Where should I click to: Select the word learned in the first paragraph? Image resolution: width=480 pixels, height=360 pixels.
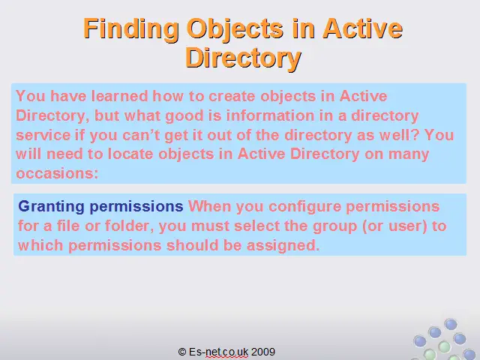[x=120, y=96]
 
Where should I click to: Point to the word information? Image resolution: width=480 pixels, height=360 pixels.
[x=270, y=115]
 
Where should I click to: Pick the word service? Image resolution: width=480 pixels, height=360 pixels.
[x=43, y=135]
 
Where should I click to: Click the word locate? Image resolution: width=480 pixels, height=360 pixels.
[x=130, y=154]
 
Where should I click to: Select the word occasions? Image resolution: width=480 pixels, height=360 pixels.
[x=57, y=173]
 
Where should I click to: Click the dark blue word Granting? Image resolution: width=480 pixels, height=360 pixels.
[x=51, y=207]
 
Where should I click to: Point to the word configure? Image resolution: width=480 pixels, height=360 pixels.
[x=305, y=207]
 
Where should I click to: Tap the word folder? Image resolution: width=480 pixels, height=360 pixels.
[x=129, y=226]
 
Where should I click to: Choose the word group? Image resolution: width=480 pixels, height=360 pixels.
[x=335, y=226]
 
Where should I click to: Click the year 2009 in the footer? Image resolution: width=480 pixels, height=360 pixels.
[x=263, y=352]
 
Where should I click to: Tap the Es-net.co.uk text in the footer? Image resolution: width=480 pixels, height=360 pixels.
[x=218, y=352]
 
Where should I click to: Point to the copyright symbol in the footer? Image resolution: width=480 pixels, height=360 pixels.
[x=182, y=352]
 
